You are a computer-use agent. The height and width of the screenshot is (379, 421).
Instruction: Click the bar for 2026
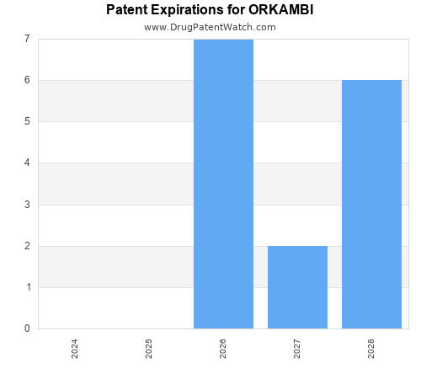click(x=223, y=184)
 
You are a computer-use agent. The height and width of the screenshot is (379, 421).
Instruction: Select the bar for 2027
click(x=297, y=287)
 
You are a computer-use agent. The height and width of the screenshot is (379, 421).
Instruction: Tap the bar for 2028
click(x=371, y=205)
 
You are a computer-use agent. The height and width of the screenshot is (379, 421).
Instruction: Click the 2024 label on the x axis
click(x=75, y=349)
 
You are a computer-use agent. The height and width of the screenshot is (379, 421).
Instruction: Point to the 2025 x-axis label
click(x=149, y=349)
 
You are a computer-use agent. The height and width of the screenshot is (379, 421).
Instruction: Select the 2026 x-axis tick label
click(x=223, y=349)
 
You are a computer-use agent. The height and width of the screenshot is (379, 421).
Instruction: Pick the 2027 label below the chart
click(x=297, y=349)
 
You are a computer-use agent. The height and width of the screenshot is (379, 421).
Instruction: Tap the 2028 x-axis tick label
click(x=371, y=349)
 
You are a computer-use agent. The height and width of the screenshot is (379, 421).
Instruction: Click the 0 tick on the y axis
click(x=27, y=328)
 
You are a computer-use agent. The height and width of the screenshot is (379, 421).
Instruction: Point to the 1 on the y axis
click(x=27, y=287)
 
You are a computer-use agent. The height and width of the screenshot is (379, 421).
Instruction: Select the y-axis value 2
click(x=27, y=246)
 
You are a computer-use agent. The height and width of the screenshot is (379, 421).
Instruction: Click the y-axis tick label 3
click(x=27, y=205)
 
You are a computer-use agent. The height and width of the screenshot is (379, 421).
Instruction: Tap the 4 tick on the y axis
click(x=27, y=163)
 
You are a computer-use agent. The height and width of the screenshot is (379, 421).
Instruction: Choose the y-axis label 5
click(x=27, y=121)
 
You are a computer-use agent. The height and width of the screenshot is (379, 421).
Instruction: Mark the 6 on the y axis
click(x=27, y=80)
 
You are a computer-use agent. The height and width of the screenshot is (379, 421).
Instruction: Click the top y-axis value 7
click(x=27, y=39)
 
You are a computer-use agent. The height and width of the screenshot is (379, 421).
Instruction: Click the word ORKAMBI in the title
click(x=280, y=10)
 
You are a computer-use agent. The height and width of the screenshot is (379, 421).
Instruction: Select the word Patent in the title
click(x=127, y=10)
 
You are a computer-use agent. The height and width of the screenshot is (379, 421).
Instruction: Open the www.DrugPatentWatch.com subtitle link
click(x=210, y=27)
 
